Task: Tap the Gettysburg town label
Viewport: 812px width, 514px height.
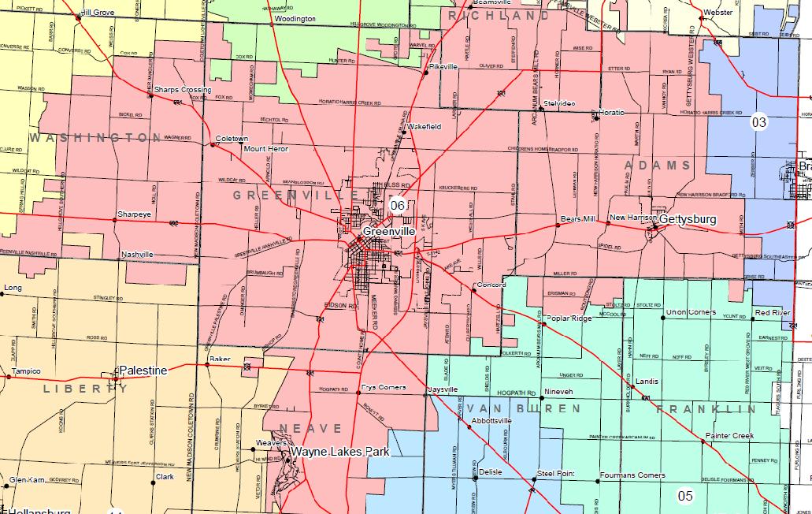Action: point(688,218)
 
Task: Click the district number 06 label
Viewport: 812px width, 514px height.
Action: point(398,205)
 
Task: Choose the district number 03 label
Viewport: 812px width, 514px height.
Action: point(758,121)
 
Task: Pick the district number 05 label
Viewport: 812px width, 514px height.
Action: point(685,495)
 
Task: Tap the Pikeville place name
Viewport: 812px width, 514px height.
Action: point(443,67)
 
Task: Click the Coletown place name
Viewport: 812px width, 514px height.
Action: point(232,138)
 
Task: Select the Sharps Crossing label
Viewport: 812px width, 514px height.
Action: point(183,90)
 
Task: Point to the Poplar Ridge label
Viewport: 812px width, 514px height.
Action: point(570,318)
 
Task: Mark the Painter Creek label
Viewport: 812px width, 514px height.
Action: point(729,436)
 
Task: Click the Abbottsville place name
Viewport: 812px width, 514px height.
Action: point(491,422)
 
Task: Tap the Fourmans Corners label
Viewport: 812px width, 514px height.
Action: point(632,475)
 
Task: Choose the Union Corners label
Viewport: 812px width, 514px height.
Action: point(691,312)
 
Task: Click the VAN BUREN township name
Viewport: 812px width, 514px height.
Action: point(524,408)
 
